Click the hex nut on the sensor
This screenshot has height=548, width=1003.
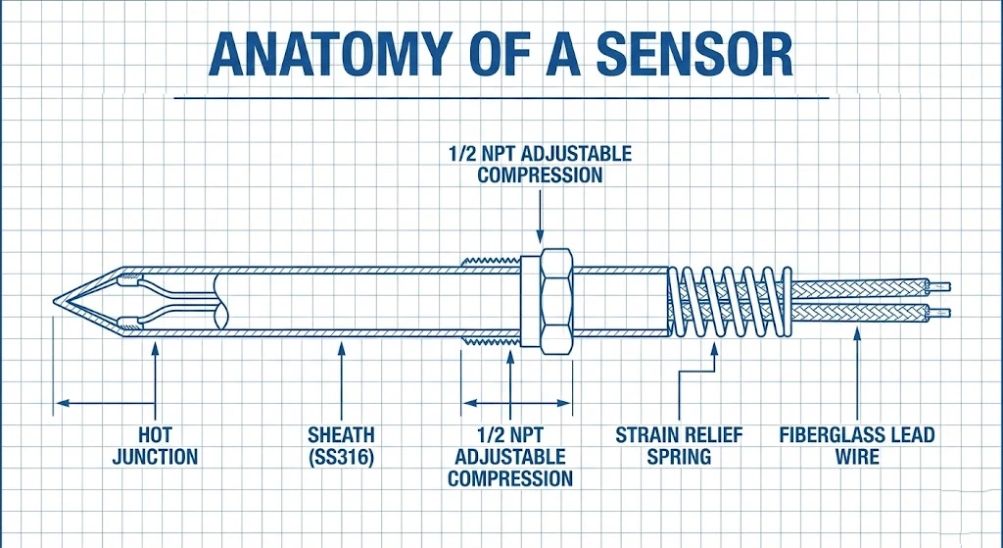click(548, 299)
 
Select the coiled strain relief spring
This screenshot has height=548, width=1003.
click(730, 299)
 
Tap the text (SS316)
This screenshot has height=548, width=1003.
click(341, 456)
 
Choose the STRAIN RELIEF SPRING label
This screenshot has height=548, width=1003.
click(679, 445)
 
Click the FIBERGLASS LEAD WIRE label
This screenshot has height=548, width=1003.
click(857, 445)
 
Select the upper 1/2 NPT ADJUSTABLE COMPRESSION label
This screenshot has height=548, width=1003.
click(540, 165)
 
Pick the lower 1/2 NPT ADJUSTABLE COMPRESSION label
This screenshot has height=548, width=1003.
click(509, 457)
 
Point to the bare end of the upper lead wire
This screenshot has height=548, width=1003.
click(939, 286)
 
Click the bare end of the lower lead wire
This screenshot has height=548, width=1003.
click(939, 314)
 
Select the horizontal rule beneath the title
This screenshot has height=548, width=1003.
click(501, 97)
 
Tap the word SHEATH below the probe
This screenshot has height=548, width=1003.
click(341, 434)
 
